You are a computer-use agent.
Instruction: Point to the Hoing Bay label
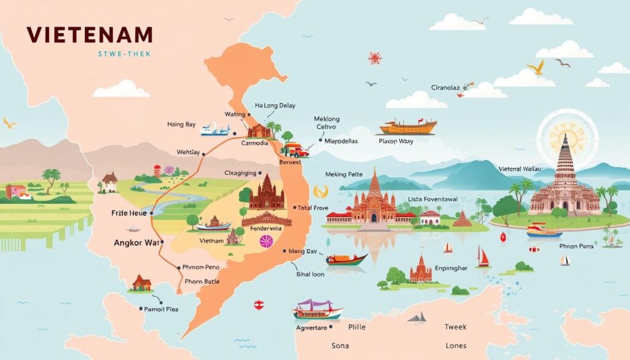[181, 124]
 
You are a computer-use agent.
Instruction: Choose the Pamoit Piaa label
[161, 309]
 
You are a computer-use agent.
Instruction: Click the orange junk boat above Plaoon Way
[408, 127]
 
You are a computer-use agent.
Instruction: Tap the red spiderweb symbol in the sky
[375, 58]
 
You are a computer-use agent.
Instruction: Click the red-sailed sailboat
[484, 257]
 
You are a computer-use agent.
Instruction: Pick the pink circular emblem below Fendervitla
[266, 242]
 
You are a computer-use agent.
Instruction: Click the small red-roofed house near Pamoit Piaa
[142, 283]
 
